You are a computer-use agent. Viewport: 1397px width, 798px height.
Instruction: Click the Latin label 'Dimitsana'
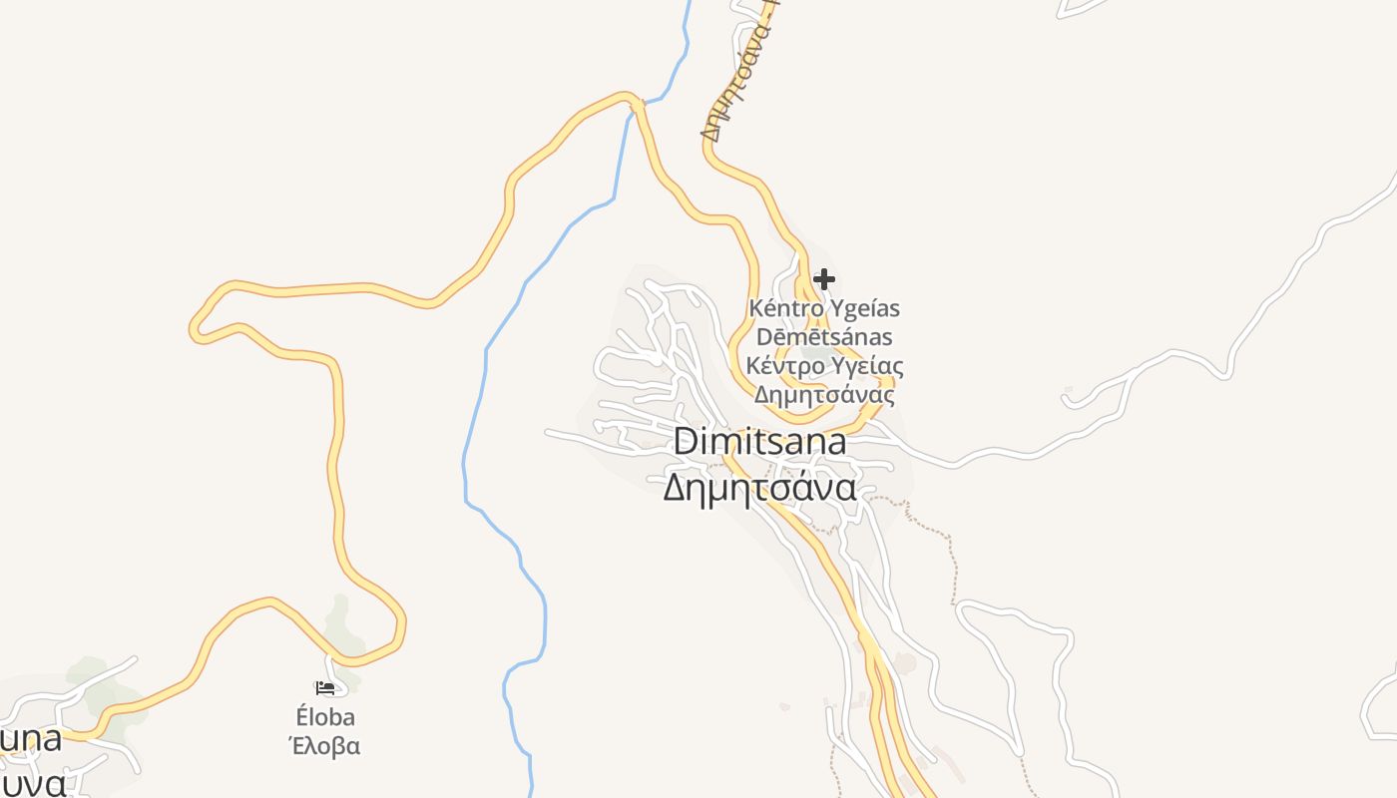coord(760,441)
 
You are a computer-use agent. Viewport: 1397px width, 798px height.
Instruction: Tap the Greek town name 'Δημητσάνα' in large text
coord(760,488)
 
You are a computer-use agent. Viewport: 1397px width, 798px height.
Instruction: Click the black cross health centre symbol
coord(824,278)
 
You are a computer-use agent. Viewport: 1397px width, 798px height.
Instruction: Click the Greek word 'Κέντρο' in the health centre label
coord(785,365)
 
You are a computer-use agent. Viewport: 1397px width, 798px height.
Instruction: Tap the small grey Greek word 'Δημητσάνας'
coord(824,394)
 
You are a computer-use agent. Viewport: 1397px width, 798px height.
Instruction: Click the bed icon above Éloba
coord(325,687)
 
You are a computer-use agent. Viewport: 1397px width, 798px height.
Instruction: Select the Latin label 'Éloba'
coord(325,717)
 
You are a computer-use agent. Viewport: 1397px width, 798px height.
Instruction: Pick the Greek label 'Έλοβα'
coord(325,745)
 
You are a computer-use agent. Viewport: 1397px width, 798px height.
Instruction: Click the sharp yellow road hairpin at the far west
coord(196,326)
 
